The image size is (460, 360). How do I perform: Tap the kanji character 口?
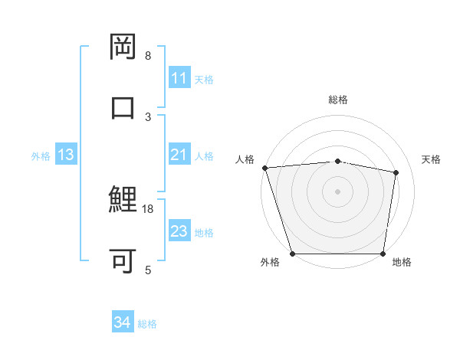click(123, 107)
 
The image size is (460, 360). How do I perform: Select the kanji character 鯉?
click(123, 201)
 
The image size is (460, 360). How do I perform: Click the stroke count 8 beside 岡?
click(148, 56)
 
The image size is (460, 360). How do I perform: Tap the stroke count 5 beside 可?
click(148, 270)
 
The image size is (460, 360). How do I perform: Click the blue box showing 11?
click(179, 78)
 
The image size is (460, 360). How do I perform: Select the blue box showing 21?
click(179, 155)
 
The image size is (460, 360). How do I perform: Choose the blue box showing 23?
click(179, 231)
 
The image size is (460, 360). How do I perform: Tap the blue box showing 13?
click(66, 155)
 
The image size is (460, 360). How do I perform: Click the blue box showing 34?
click(122, 323)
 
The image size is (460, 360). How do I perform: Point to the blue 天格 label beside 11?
click(204, 79)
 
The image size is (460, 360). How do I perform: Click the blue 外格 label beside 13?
click(41, 155)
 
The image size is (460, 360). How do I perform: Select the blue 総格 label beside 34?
click(147, 324)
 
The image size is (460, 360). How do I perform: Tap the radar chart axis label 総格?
click(338, 100)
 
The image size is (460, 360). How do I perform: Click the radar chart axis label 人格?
click(245, 159)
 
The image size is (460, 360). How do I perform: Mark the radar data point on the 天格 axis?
click(396, 172)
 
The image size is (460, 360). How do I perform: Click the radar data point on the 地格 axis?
click(383, 254)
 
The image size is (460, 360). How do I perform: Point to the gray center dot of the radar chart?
click(338, 191)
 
